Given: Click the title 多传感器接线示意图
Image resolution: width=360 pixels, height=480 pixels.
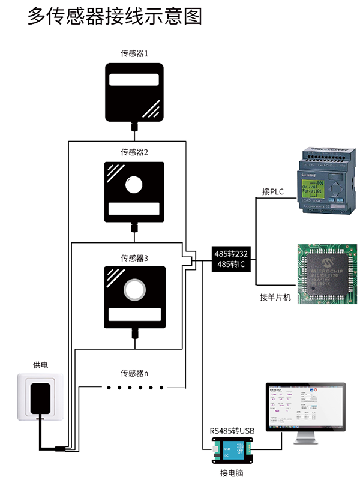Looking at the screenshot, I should pyautogui.click(x=115, y=16).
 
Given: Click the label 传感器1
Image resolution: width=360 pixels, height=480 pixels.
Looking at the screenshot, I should pyautogui.click(x=134, y=53).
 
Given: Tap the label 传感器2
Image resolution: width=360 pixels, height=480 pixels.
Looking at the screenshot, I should pyautogui.click(x=134, y=152).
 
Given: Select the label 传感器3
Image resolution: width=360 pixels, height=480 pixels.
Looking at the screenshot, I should pyautogui.click(x=134, y=258).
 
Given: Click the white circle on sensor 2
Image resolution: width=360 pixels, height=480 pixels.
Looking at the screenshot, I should pyautogui.click(x=134, y=185).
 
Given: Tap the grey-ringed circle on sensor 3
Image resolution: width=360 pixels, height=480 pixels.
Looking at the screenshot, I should pyautogui.click(x=134, y=290).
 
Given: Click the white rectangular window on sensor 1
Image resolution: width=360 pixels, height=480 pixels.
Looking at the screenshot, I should pyautogui.click(x=134, y=81).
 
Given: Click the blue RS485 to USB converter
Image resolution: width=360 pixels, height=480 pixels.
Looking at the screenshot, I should pyautogui.click(x=232, y=448).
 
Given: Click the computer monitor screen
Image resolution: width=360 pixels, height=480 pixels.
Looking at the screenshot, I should pyautogui.click(x=306, y=408).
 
